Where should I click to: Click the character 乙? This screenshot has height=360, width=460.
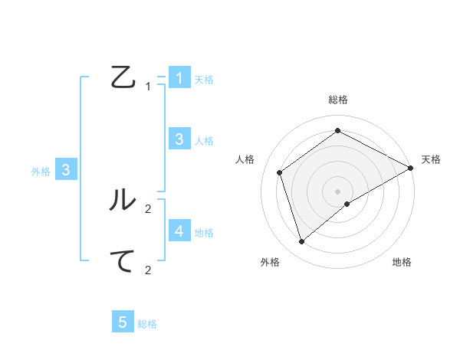[x=123, y=77]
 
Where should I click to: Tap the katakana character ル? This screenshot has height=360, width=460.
[x=123, y=198]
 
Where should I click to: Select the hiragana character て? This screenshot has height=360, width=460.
[x=123, y=261]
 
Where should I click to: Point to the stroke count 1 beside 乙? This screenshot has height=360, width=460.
[x=148, y=87]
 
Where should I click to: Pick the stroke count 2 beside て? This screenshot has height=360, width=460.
[x=148, y=270]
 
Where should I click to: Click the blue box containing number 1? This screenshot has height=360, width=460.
[x=179, y=77]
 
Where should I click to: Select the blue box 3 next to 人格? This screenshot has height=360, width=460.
[x=179, y=139]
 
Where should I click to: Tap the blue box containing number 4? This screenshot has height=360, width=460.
[x=179, y=231]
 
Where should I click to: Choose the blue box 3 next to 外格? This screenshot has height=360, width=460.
[x=67, y=170]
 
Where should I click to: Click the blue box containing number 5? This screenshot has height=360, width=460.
[x=123, y=322]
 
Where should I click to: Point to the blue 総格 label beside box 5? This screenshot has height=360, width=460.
[x=147, y=324]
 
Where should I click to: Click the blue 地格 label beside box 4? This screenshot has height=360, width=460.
[x=204, y=232]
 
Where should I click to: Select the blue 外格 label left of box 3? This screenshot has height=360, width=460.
[x=41, y=172]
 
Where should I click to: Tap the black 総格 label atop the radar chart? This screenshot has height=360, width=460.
[x=338, y=100]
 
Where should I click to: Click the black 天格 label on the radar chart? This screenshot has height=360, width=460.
[x=432, y=159]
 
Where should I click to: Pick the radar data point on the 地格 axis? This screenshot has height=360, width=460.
[x=347, y=204]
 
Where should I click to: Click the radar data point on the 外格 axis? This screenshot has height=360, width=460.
[x=302, y=241]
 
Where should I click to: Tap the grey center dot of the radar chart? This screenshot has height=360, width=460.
[x=338, y=191]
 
